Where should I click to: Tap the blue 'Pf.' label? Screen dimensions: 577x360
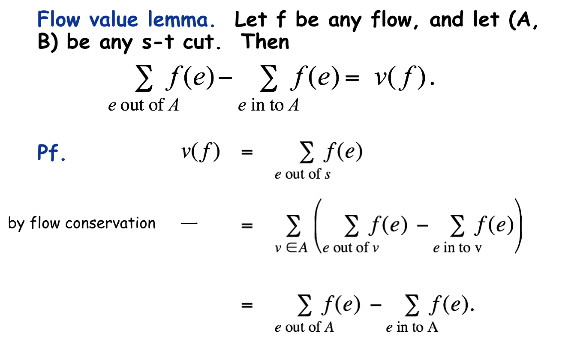pos(51,153)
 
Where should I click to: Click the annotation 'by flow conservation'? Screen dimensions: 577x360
pos(82,223)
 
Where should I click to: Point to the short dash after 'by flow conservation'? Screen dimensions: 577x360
pos(189,223)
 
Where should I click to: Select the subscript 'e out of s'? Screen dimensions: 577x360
pos(303,174)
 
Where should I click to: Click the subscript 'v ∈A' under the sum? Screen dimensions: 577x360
pos(292,248)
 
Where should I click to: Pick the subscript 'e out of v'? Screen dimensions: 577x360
pos(350,248)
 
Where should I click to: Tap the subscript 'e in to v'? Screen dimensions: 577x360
pos(457,248)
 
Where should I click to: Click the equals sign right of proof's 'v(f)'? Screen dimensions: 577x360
pos(247,152)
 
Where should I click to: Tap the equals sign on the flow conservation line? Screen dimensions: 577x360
pos(247,225)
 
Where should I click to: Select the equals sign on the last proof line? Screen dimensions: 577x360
pos(247,305)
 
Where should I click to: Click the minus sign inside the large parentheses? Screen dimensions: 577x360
pos(422,226)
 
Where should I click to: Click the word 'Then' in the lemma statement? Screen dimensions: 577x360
pos(265,42)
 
